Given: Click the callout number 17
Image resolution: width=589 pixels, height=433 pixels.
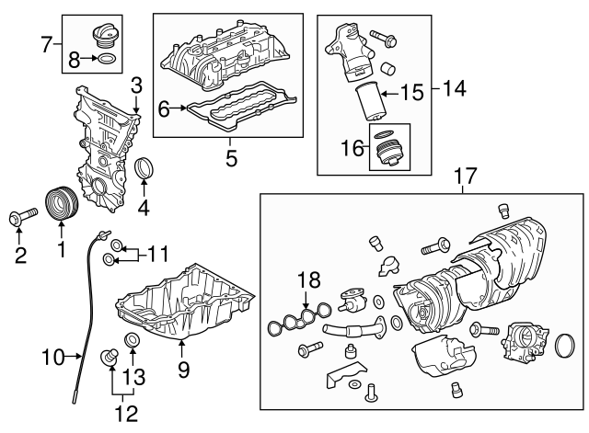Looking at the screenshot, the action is click(x=465, y=176).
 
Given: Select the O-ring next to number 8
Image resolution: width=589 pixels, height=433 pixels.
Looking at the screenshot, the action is click(x=107, y=59).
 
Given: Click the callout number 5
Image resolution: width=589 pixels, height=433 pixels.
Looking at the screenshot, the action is click(x=231, y=158).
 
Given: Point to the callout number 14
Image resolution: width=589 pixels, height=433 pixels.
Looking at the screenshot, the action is click(x=455, y=88).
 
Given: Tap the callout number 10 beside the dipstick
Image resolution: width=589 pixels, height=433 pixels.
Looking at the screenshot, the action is click(x=53, y=358).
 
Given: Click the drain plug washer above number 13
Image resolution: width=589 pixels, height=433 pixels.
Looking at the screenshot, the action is click(x=133, y=339).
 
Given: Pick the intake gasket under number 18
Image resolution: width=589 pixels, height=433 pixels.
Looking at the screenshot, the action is click(x=300, y=319).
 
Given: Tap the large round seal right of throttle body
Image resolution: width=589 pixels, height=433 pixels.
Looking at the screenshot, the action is click(x=565, y=345).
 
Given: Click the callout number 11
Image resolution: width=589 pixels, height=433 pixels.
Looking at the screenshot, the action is click(x=157, y=254).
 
